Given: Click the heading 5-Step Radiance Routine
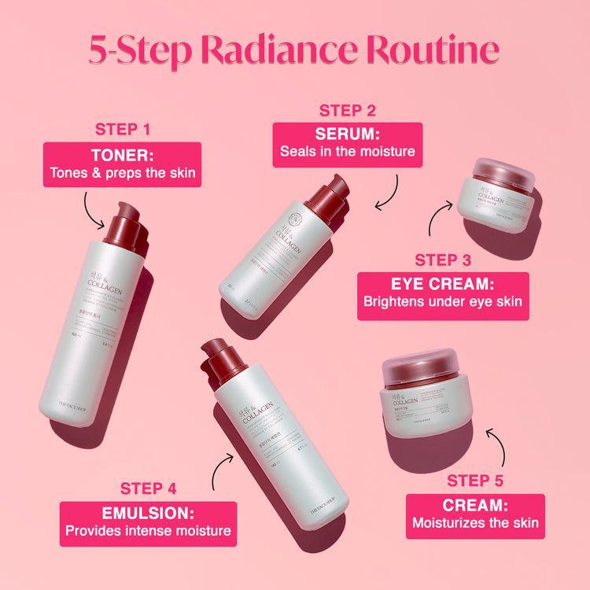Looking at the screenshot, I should click(x=294, y=48).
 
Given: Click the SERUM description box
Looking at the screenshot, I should click(x=347, y=142).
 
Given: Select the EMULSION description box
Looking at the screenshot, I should click(x=149, y=520).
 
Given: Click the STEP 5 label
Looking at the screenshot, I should click(x=475, y=479).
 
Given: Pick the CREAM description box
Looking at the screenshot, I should click(x=475, y=511).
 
